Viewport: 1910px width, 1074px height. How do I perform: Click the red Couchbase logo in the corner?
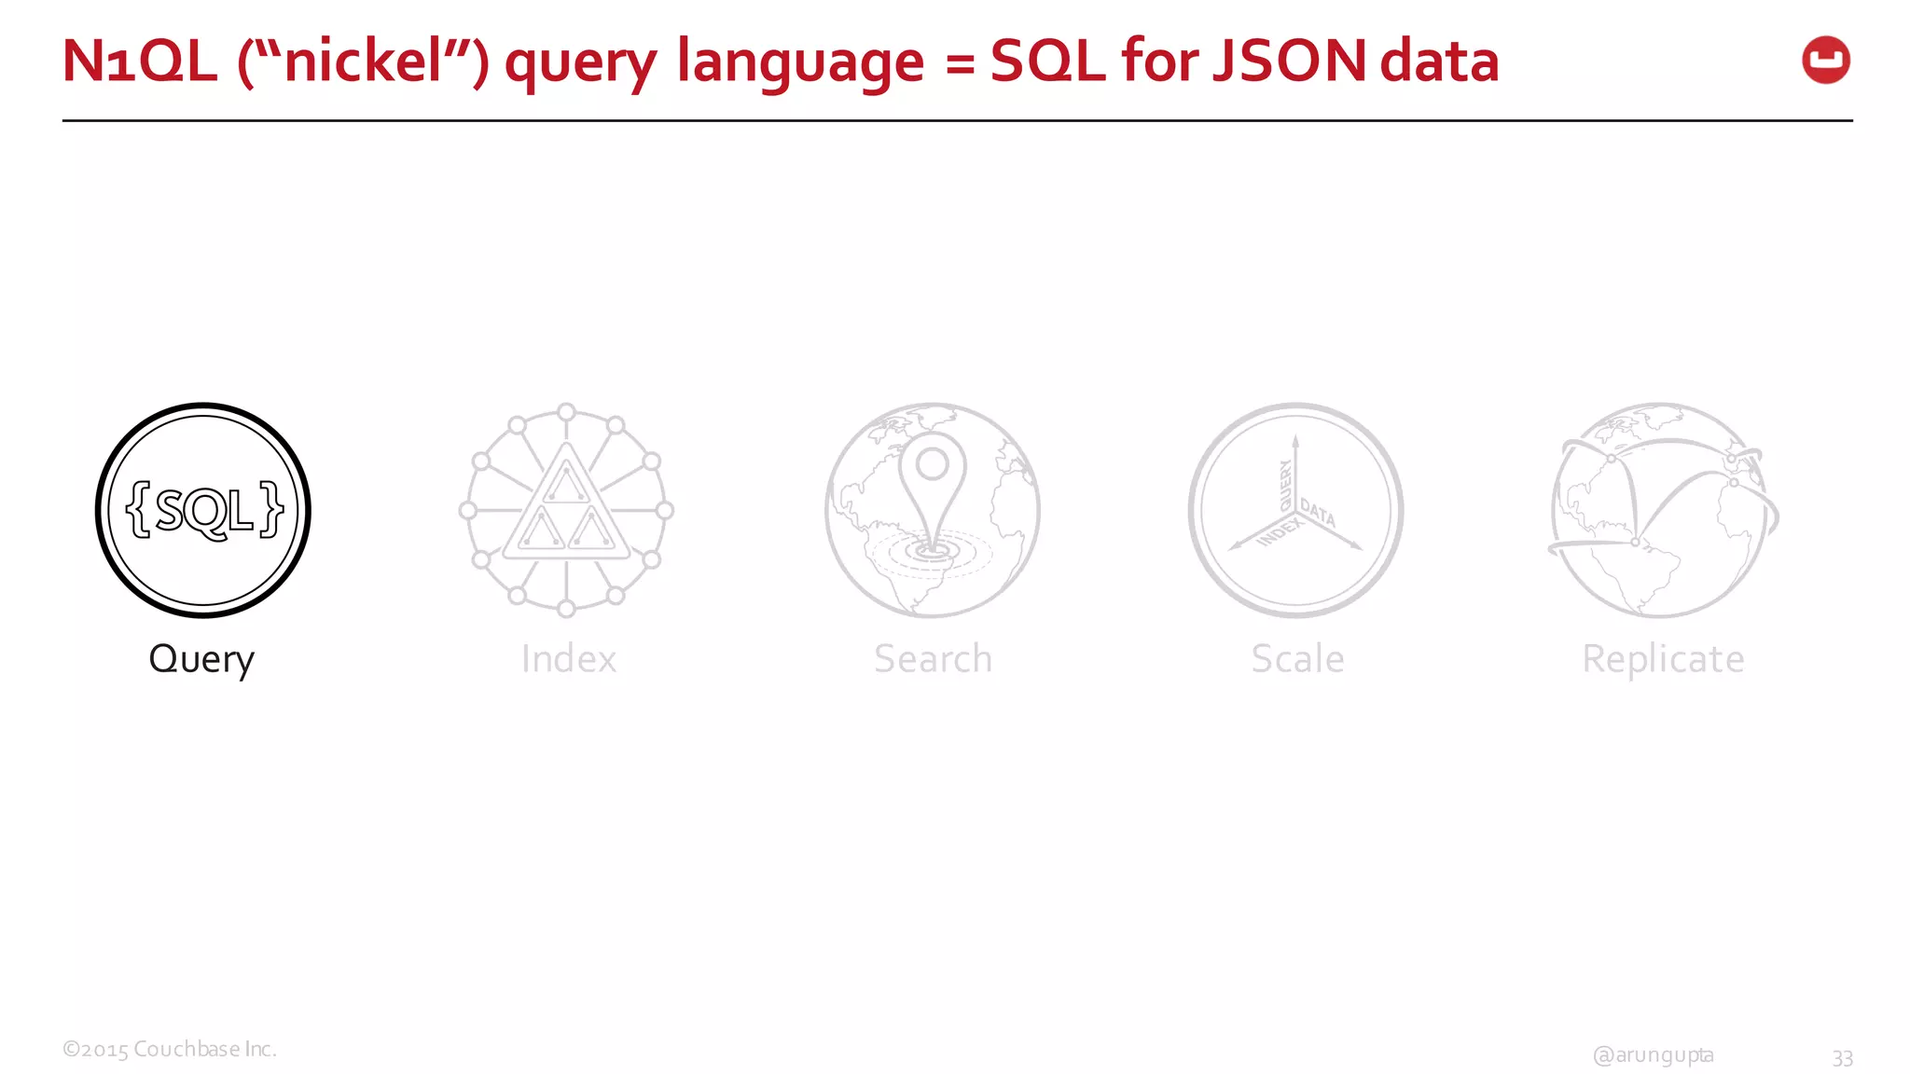point(1825,61)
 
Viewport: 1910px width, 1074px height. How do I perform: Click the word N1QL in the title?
point(139,62)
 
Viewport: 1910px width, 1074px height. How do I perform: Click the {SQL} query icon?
point(203,510)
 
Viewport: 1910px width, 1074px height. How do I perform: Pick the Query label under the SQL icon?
point(201,659)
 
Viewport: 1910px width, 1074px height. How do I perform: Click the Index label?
point(568,659)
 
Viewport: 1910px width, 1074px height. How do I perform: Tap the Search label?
point(933,659)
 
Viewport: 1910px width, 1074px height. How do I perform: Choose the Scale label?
point(1297,659)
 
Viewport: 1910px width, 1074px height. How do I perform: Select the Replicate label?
point(1663,659)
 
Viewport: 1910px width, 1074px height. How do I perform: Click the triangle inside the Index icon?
point(566,508)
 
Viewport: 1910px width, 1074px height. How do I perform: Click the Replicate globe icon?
point(1662,510)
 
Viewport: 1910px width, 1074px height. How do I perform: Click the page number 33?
point(1842,1057)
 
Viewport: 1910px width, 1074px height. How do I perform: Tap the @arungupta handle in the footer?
point(1653,1054)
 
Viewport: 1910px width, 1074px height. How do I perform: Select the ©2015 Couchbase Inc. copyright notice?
point(170,1049)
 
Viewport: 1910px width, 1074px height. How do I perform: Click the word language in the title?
point(800,62)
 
